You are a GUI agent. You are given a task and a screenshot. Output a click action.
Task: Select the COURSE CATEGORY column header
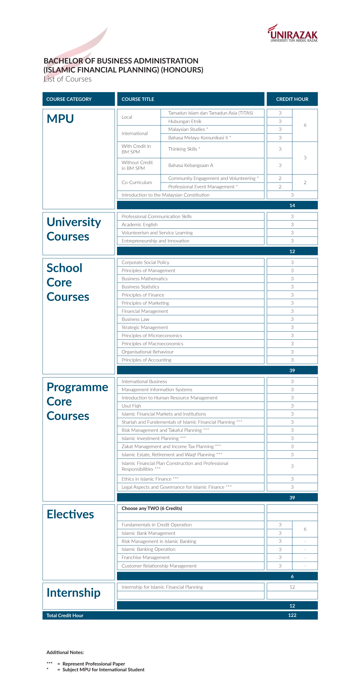tap(69, 99)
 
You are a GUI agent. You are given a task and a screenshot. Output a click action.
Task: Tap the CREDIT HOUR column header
tap(292, 99)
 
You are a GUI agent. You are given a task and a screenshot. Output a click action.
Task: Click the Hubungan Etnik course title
tap(185, 121)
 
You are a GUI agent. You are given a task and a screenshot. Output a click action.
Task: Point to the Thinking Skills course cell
tap(184, 149)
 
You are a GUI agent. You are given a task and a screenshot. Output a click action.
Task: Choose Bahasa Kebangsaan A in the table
tap(190, 165)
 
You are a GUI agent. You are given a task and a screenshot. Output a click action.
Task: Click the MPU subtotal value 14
tap(292, 205)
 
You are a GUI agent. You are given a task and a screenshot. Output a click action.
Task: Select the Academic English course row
tap(139, 225)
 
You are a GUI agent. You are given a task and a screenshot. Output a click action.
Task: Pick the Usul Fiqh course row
tap(131, 406)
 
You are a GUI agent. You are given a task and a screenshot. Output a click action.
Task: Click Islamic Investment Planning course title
tap(150, 439)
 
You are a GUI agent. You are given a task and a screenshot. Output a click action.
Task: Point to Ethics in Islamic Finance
tap(146, 479)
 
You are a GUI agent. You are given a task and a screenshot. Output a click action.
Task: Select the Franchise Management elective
tap(145, 558)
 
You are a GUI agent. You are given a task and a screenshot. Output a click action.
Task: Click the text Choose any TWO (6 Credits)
tap(152, 508)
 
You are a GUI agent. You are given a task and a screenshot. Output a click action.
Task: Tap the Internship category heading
tap(73, 593)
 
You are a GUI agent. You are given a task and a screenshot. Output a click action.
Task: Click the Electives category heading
tap(70, 514)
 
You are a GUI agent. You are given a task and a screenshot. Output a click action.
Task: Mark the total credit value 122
tap(292, 615)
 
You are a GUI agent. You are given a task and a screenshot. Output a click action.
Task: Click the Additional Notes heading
tap(65, 652)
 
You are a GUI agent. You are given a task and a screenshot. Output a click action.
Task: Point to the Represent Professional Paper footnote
tap(94, 664)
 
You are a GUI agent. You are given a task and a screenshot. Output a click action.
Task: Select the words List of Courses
tap(67, 79)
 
